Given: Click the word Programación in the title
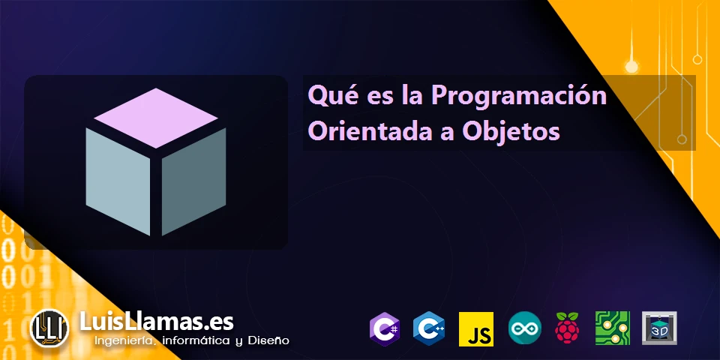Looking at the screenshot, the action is coord(519,97).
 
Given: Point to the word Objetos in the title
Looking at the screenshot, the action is coord(511,132).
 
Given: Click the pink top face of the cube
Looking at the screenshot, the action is coord(156,118).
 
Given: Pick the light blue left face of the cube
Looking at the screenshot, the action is coord(118,181).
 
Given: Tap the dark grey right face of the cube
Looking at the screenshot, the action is coord(193,181).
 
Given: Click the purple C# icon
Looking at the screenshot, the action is coord(385,328).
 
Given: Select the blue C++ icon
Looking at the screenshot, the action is coord(428,328).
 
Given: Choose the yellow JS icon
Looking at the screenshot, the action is coord(476,329).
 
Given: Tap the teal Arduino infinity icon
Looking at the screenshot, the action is coord(524,328).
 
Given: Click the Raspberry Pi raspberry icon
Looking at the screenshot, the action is coord(568,328).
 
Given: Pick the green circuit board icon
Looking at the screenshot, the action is coord(613,328).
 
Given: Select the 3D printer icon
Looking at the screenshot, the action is coord(659,328).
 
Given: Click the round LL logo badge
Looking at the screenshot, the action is coord(49,328).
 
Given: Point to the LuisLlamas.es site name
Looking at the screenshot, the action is coord(157,322).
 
